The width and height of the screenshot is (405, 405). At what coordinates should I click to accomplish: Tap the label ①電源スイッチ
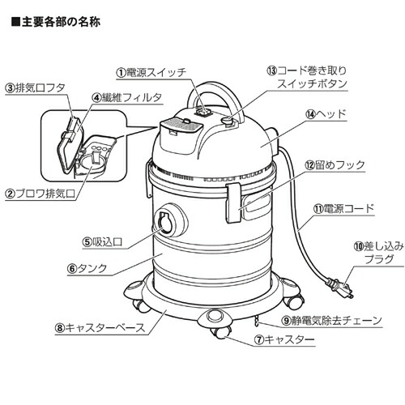pos(151,72)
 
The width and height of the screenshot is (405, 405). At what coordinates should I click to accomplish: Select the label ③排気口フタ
pos(36,88)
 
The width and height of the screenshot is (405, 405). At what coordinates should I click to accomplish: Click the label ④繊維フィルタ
pos(127,98)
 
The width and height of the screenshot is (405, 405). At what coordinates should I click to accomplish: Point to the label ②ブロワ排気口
pos(40,194)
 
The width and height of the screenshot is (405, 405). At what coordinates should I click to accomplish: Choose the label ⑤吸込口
pos(103,242)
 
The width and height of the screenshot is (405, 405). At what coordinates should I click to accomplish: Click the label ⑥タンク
pos(87,269)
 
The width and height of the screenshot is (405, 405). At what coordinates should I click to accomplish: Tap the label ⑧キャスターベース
pos(100,328)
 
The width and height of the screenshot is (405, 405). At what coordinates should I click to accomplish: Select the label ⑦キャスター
pos(284,339)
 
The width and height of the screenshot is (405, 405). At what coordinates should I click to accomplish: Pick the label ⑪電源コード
pos(343,209)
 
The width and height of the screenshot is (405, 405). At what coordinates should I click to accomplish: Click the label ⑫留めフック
pos(335,165)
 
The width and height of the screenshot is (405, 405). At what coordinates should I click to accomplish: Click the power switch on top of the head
pos(203,111)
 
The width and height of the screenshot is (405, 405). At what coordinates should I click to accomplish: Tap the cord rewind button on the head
pos(228,121)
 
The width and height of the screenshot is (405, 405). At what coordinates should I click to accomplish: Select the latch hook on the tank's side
pos(234,202)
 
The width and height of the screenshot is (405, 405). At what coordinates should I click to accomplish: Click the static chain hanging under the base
pos(257,321)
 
